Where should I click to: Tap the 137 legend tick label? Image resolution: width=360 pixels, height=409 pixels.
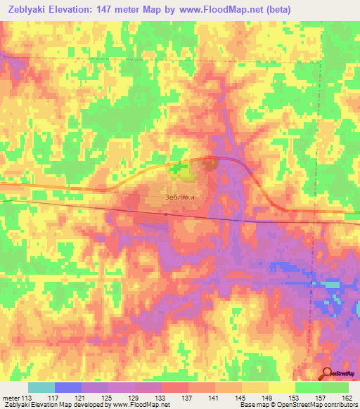click(x=188, y=398)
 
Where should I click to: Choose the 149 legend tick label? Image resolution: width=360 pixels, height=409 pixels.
click(x=267, y=398)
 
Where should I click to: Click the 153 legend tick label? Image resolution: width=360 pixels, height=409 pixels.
click(x=295, y=398)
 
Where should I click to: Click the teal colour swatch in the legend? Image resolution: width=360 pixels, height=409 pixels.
click(x=41, y=387)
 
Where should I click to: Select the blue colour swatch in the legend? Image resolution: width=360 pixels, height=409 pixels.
click(x=68, y=387)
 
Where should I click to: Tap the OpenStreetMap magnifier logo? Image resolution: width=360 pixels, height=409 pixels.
click(x=328, y=374)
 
